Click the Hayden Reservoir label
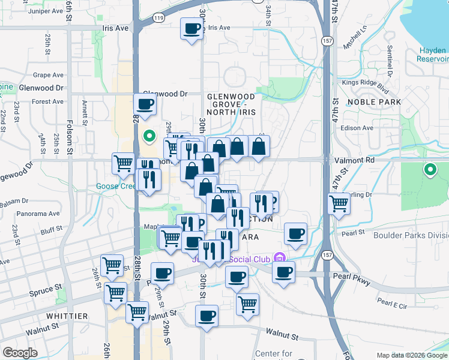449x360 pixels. click(x=434, y=54)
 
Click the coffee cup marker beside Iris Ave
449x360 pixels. click(x=191, y=29)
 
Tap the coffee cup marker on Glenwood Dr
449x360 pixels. click(x=145, y=104)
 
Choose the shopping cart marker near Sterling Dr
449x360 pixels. click(x=339, y=204)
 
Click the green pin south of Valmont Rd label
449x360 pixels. click(x=430, y=170)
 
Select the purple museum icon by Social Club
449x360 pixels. click(x=278, y=259)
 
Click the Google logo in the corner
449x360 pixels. click(x=20, y=353)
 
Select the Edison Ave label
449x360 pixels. click(x=357, y=128)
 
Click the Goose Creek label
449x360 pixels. click(x=116, y=186)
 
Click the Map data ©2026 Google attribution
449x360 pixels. click(x=411, y=355)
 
